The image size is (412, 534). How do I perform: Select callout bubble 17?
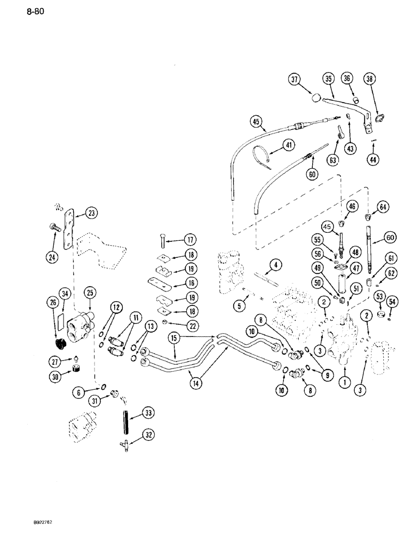[175, 239]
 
